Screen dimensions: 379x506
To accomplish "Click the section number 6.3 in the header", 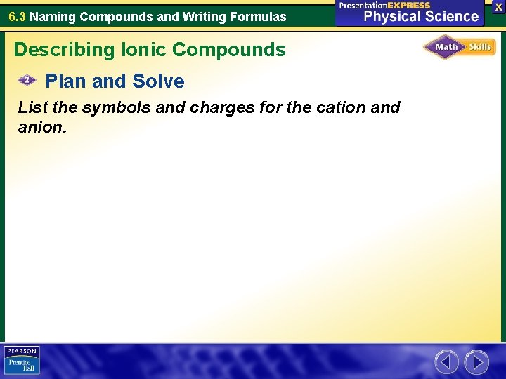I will tap(17, 16).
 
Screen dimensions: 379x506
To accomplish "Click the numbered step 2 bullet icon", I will tap(27, 81).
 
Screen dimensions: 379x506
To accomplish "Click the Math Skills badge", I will tap(459, 48).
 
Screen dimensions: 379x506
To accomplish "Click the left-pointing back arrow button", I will tap(447, 362).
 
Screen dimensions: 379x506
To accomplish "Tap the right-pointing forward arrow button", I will tap(476, 362).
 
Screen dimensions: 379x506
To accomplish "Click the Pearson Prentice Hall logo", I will tap(22, 360).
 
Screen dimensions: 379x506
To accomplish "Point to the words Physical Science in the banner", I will tap(421, 16).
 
